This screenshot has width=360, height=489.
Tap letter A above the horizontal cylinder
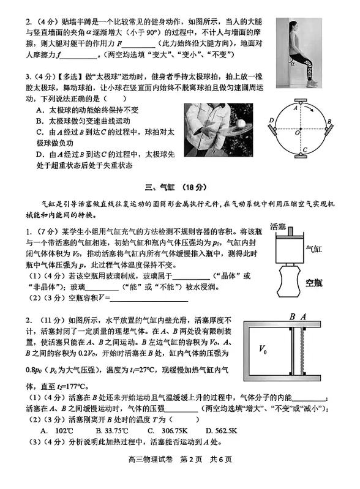coord(302,317)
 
